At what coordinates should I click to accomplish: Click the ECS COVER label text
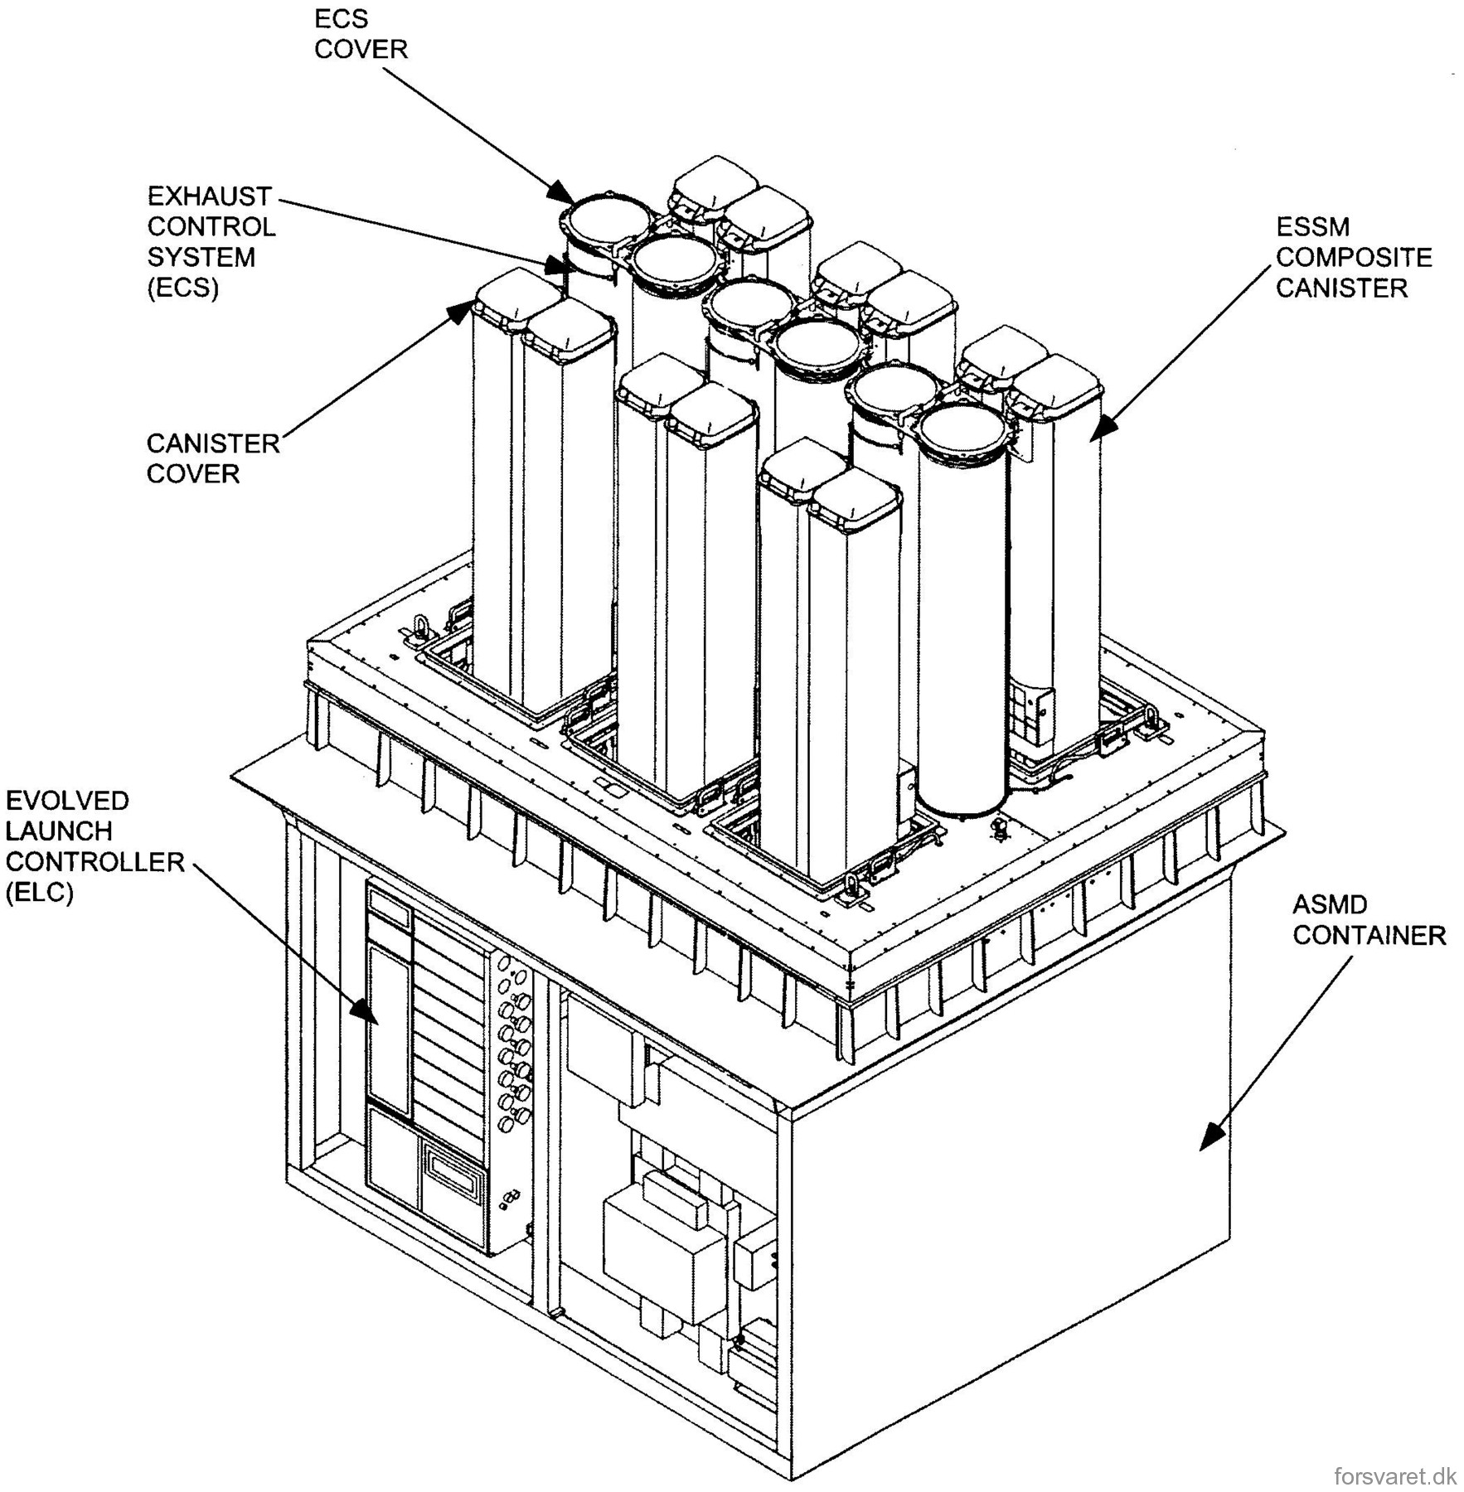pyautogui.click(x=361, y=34)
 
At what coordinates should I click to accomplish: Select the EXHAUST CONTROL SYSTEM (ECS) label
pyautogui.click(x=211, y=241)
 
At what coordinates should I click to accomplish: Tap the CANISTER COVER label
pyautogui.click(x=213, y=458)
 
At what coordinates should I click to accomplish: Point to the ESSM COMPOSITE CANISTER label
pyautogui.click(x=1354, y=257)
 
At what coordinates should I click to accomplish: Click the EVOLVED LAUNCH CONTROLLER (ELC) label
pyautogui.click(x=95, y=845)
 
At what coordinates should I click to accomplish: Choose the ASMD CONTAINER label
pyautogui.click(x=1369, y=920)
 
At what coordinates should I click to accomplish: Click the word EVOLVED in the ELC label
pyautogui.click(x=67, y=801)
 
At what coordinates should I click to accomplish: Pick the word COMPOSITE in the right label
pyautogui.click(x=1354, y=257)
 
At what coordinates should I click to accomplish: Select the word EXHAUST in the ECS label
pyautogui.click(x=209, y=196)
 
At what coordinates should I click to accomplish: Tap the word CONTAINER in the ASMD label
pyautogui.click(x=1369, y=935)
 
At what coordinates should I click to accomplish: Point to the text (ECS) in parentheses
pyautogui.click(x=182, y=288)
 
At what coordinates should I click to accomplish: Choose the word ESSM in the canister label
pyautogui.click(x=1312, y=226)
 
